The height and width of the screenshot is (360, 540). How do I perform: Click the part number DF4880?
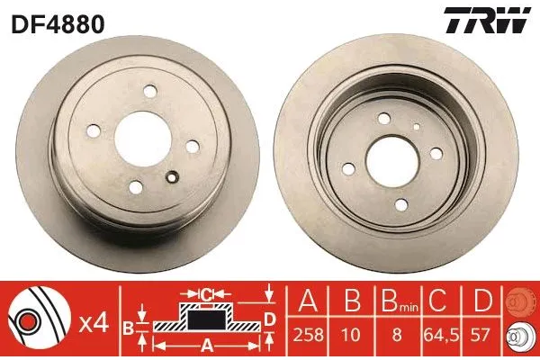58,24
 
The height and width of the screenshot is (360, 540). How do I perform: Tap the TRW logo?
487,21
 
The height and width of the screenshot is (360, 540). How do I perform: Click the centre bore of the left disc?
143,139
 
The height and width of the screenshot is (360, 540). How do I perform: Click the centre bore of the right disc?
392,162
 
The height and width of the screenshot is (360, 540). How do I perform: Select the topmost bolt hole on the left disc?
150,91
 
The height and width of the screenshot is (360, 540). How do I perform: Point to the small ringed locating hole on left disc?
172,177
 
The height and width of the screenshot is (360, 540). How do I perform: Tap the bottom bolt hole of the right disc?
401,205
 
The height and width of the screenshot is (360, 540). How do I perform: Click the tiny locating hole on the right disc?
417,127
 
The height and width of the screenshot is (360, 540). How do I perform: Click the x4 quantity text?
94,323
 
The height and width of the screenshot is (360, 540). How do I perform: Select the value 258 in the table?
308,335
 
